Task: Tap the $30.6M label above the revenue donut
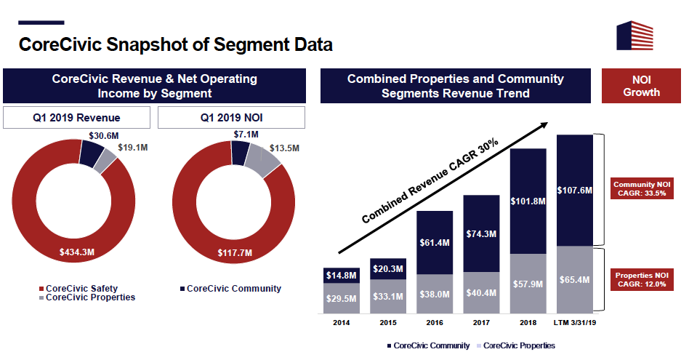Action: click(x=105, y=135)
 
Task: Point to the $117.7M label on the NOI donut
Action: click(x=234, y=252)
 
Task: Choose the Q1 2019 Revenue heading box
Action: click(x=77, y=118)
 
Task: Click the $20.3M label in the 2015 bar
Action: click(x=388, y=268)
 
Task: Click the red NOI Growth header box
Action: click(x=641, y=86)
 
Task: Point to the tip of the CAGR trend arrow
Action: click(x=547, y=124)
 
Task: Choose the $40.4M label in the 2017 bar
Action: click(x=481, y=293)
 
